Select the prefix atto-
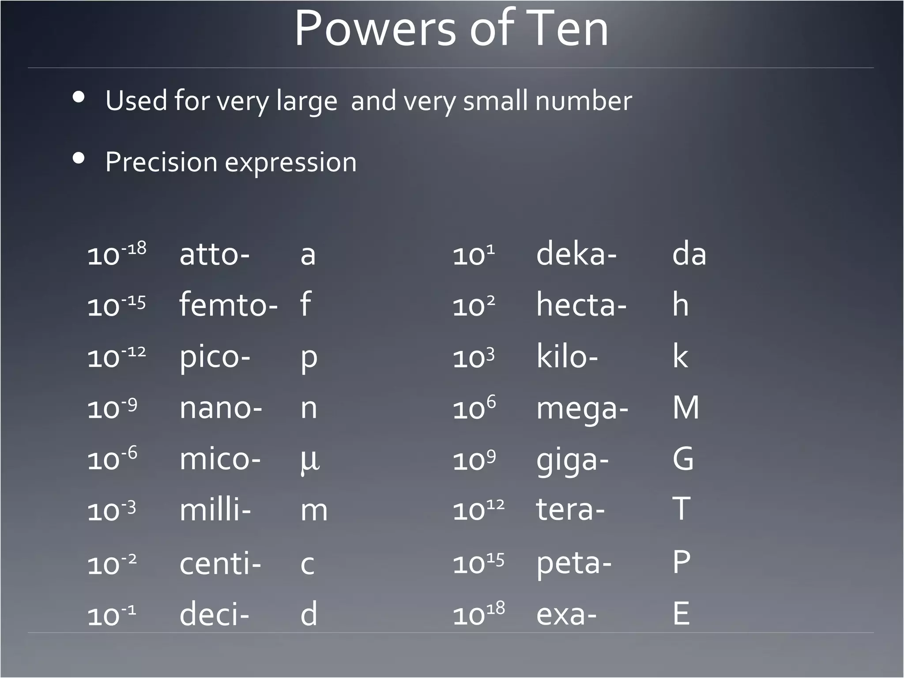coord(215,255)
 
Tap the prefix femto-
coord(228,305)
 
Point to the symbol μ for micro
coord(310,460)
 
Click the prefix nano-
coord(221,408)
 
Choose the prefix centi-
coord(220,564)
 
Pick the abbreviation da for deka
coord(689,254)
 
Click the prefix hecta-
coord(581,305)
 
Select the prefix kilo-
coord(567,357)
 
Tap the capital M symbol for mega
coord(686,408)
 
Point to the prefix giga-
coord(572,460)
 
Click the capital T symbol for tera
coord(681,509)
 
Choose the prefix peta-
coord(574,564)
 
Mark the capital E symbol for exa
coord(681,614)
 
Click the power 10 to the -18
coord(117,255)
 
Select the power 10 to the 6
coord(474,408)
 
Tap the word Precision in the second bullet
coord(161,162)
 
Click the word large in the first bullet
coord(307,101)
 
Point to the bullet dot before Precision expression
coord(79,158)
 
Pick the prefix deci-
coord(214,614)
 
